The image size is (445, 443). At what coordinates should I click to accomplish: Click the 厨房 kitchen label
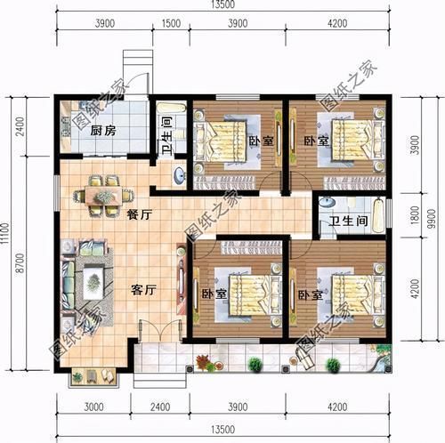103,131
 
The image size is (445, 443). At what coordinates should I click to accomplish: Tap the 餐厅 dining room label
140,214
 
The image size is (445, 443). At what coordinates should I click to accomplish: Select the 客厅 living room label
143,290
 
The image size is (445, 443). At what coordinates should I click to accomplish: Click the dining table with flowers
103,196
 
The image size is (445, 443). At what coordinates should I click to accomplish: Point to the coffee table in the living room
93,282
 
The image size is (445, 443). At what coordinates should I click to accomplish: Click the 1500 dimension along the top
171,23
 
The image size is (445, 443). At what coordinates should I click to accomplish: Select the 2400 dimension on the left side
20,126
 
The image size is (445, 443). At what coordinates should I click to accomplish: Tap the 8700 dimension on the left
20,263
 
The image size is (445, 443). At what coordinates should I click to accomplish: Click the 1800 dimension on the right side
415,214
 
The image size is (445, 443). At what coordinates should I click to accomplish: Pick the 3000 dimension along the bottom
93,407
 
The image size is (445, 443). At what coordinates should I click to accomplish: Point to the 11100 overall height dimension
4,233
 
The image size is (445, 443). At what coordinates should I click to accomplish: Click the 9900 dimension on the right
433,219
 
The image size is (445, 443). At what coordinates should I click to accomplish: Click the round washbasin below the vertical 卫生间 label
179,175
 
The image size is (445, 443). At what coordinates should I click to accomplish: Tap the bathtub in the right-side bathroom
379,215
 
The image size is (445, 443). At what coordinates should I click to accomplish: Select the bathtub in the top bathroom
171,108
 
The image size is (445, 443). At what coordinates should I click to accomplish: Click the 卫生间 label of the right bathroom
348,221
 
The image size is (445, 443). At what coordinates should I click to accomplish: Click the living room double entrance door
160,331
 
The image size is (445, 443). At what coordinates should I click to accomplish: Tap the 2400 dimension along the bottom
160,407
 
